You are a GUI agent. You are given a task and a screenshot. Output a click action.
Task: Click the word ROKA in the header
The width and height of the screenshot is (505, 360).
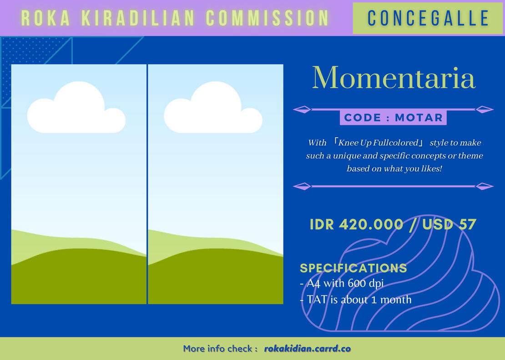45,18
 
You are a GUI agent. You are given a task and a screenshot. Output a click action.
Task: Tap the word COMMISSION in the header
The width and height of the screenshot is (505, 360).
267,18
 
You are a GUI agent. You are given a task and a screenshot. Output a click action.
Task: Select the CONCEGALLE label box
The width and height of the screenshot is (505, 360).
428,18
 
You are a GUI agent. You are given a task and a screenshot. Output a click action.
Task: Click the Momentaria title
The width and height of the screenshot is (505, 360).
394,78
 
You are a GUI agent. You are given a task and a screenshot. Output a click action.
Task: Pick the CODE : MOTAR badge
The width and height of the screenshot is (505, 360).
393,117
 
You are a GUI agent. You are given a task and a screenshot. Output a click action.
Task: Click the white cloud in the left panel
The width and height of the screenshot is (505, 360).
76,107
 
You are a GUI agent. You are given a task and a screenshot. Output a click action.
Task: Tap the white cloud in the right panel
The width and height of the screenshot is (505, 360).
213,107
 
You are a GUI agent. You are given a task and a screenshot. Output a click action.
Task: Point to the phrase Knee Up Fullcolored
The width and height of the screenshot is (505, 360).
379,143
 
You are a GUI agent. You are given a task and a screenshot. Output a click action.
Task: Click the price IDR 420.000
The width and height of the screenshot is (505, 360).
356,224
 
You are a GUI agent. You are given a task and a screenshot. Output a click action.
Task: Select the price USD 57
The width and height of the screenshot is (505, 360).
449,224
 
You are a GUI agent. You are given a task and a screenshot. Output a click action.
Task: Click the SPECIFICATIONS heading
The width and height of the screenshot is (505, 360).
353,268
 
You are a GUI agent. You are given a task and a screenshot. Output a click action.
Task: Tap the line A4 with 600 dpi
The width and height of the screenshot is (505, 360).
342,284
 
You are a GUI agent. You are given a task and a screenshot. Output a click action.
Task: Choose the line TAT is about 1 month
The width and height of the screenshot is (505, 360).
356,300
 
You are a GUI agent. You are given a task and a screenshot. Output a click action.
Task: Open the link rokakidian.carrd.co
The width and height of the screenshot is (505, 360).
307,349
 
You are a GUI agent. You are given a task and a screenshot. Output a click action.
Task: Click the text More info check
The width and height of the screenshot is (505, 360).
218,349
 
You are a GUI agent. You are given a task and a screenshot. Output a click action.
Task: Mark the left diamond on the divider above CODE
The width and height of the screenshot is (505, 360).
302,110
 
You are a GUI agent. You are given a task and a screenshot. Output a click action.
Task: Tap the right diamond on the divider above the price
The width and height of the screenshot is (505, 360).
485,186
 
